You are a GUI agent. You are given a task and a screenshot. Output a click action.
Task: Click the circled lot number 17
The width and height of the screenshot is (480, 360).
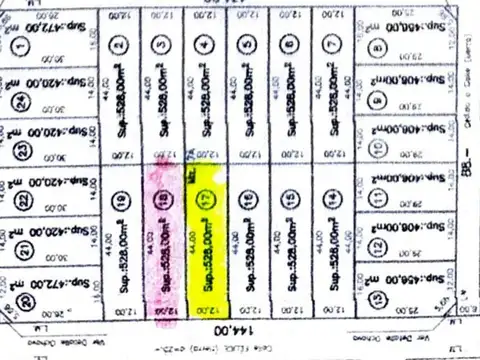(x=206, y=199)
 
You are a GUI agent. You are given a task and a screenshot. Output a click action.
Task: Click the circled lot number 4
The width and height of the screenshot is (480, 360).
(x=206, y=45)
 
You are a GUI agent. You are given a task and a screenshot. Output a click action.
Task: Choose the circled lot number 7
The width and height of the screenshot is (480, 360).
(x=331, y=45)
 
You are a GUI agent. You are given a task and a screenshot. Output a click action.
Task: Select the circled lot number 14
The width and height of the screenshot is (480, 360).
(x=331, y=200)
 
